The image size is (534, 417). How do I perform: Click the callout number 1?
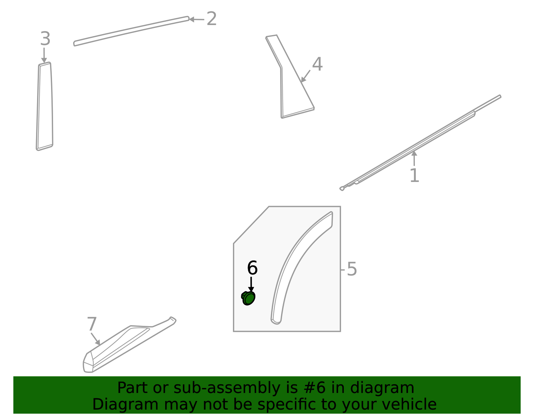[x=414, y=176]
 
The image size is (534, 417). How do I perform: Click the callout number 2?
[x=212, y=19]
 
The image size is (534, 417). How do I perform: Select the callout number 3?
[x=45, y=39]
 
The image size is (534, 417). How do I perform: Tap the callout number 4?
[x=317, y=64]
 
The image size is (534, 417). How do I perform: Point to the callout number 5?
[x=352, y=269]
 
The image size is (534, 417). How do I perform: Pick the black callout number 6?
[x=252, y=268]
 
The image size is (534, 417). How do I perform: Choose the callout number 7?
[x=92, y=324]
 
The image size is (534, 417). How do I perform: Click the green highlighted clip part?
[x=248, y=298]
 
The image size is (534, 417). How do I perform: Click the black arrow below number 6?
[x=251, y=284]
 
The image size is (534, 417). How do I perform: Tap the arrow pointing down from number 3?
[x=44, y=55]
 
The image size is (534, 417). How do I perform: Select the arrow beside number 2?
[x=197, y=19]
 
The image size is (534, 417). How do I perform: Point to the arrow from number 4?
[x=305, y=76]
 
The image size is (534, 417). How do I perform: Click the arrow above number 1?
[x=414, y=158]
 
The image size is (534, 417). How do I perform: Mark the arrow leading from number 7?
[x=95, y=339]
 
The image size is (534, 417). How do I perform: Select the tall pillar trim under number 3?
[x=45, y=106]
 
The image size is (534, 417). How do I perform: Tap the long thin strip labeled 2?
[x=131, y=31]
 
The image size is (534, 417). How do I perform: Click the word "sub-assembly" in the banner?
[x=227, y=388]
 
